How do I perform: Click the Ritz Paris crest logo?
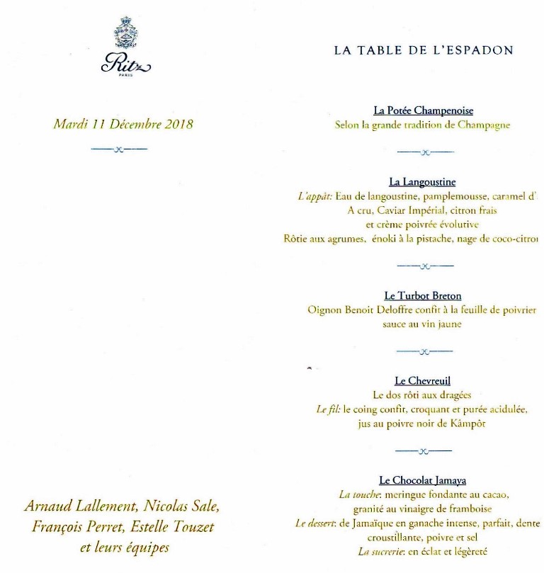(126, 49)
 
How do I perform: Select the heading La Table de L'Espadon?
(423, 50)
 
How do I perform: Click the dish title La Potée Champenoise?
(423, 110)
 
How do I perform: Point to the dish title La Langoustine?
(422, 182)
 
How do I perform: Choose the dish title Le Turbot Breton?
(423, 295)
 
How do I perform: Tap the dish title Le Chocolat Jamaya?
(422, 480)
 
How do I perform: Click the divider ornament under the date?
(119, 149)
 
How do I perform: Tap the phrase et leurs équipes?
(125, 548)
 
